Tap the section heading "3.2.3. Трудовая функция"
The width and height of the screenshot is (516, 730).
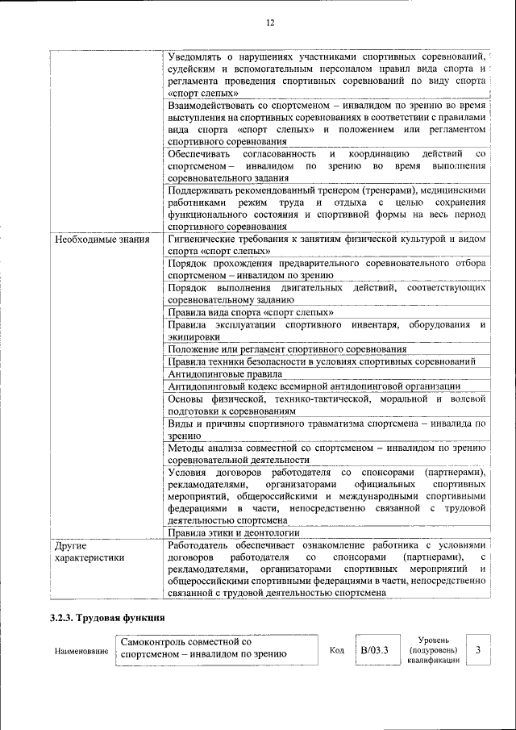pyautogui.click(x=107, y=619)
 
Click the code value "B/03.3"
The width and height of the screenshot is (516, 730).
pyautogui.click(x=375, y=650)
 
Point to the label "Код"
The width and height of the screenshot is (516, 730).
pyautogui.click(x=337, y=650)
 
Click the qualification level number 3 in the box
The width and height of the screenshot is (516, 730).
pyautogui.click(x=479, y=649)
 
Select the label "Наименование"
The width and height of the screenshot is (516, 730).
pyautogui.click(x=81, y=651)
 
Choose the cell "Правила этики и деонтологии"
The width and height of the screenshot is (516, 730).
pyautogui.click(x=234, y=532)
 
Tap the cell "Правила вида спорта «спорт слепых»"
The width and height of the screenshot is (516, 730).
pyautogui.click(x=251, y=312)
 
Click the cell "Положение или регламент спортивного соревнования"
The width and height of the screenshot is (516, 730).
pyautogui.click(x=286, y=349)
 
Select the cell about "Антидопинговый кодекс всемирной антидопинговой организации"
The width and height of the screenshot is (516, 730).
pyautogui.click(x=314, y=386)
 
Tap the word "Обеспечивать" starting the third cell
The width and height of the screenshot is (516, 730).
pyautogui.click(x=199, y=153)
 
